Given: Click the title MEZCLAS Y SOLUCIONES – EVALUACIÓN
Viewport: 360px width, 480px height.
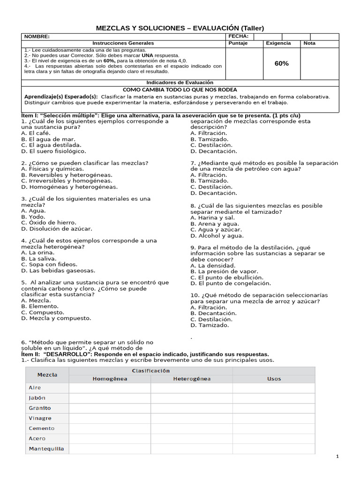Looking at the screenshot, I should [x=180, y=28].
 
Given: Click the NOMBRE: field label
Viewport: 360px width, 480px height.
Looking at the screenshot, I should [x=37, y=37].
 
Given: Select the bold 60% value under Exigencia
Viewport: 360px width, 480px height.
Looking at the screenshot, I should [x=281, y=63].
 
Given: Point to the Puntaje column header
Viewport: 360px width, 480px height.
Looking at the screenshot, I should [x=238, y=43].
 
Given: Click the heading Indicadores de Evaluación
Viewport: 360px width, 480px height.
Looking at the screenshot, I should [x=180, y=82].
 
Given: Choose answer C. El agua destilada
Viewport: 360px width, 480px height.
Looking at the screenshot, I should [x=52, y=145].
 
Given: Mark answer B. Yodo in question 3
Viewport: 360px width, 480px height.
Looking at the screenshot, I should [x=33, y=217].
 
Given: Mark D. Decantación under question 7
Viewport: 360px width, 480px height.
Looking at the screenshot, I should [x=214, y=193].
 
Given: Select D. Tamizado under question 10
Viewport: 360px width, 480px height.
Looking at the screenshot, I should [x=210, y=325].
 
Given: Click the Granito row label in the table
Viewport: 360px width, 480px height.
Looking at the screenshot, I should [x=40, y=408].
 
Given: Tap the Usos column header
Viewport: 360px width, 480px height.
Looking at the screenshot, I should [x=274, y=379].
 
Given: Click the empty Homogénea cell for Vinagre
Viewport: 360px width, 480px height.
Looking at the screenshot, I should [x=110, y=418].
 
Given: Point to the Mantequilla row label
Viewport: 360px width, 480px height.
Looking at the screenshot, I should [x=46, y=449].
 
